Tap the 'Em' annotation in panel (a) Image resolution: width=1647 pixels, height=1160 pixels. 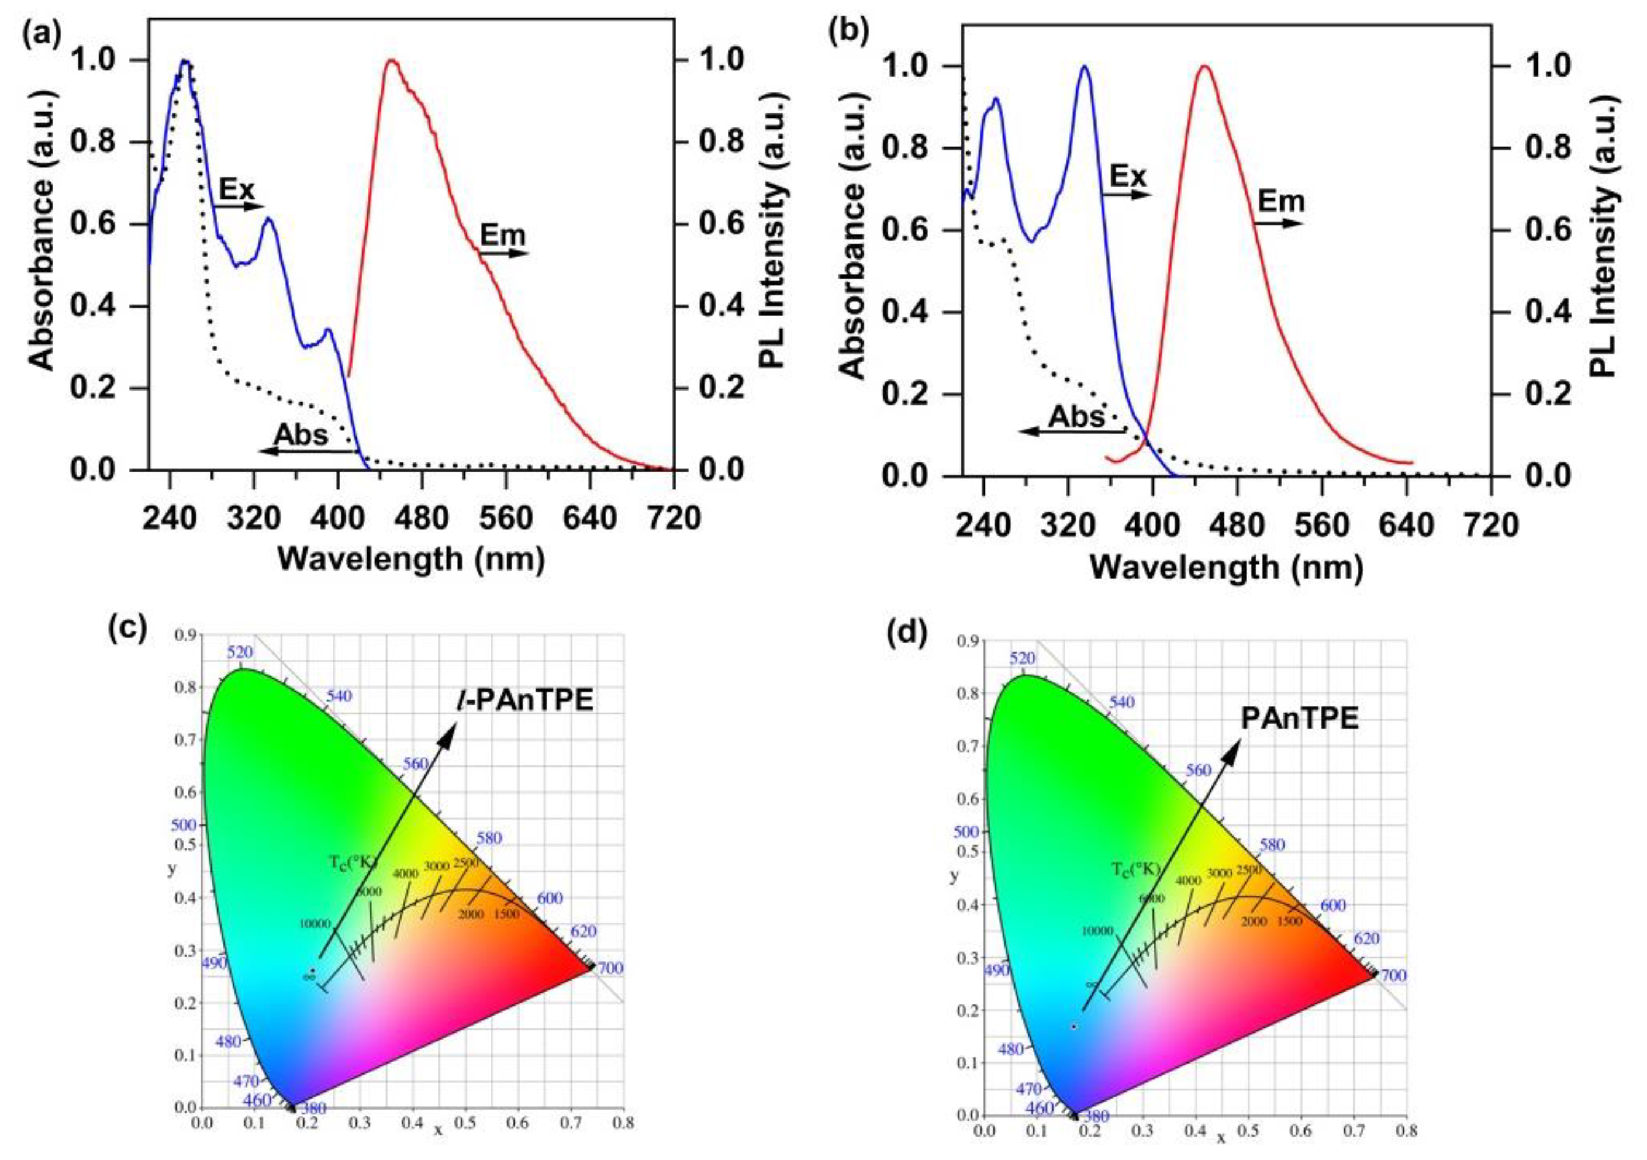coord(502,234)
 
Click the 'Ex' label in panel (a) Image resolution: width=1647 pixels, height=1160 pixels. coord(237,189)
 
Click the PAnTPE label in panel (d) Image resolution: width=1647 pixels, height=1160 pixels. coord(1300,718)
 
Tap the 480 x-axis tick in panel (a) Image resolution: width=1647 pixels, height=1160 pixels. coord(423,517)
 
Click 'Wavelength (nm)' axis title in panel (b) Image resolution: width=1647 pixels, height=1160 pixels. coord(1226,568)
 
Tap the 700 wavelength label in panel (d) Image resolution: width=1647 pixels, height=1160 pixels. coord(1393,976)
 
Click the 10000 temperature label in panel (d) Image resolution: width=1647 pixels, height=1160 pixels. coord(1097,931)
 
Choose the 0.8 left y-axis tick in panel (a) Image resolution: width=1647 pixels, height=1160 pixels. coord(95,142)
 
